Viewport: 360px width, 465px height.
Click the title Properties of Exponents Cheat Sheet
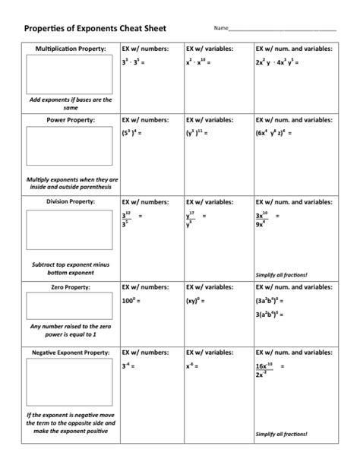95,28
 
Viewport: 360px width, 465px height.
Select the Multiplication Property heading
70,48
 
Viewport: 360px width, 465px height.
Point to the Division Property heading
70,202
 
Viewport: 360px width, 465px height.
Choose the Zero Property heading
70,288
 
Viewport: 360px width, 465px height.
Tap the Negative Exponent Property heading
70,353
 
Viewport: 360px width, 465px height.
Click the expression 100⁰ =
134,302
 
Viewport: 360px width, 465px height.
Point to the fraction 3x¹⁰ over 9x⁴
264,220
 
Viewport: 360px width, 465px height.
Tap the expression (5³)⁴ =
134,132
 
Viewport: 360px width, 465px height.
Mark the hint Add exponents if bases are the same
70,103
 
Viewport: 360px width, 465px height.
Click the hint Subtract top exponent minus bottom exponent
70,268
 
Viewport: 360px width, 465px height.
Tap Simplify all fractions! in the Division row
282,274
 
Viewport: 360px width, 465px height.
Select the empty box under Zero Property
70,306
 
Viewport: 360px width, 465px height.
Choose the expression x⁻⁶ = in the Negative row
194,366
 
